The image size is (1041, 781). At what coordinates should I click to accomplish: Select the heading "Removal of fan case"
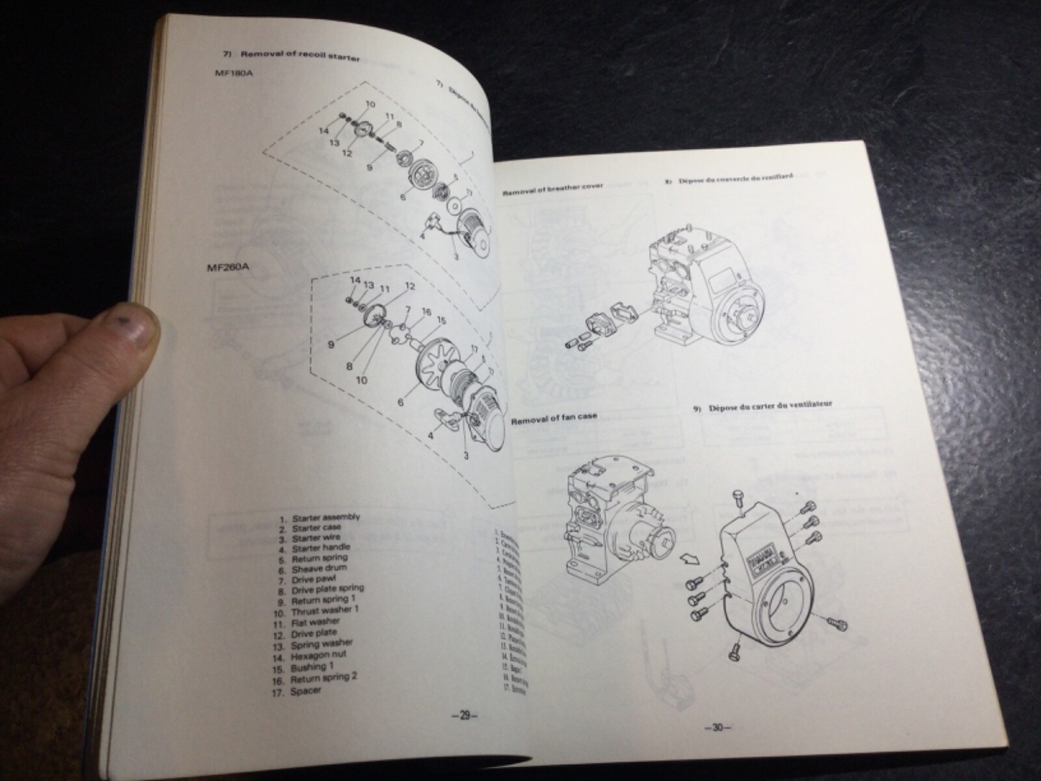pos(554,418)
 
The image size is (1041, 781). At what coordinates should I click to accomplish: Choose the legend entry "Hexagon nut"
pos(319,654)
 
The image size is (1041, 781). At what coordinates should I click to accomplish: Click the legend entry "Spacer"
pos(306,690)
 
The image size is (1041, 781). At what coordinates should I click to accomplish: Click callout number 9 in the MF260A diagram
pos(331,344)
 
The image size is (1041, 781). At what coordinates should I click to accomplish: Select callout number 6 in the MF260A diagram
pos(401,402)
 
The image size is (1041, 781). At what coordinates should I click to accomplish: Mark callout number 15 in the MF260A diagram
pos(442,320)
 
